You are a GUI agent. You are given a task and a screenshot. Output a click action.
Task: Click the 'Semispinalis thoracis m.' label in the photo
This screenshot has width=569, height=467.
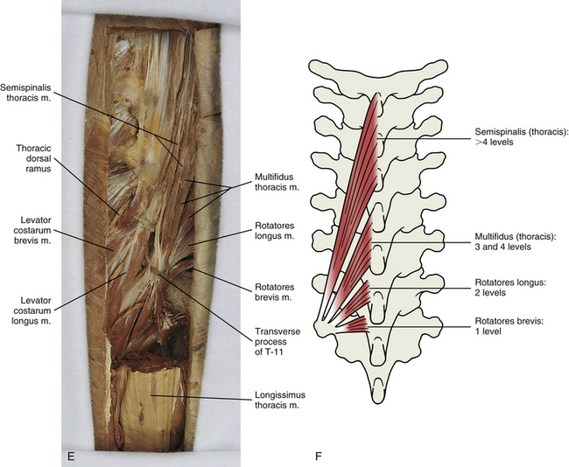pos(25,93)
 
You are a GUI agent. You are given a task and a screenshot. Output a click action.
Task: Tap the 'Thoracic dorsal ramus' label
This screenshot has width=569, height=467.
pos(34,158)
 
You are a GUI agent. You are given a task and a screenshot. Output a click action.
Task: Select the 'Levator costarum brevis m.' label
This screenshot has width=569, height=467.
pos(31,230)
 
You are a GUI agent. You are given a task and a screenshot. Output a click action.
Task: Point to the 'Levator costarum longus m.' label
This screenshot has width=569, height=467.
pos(31,310)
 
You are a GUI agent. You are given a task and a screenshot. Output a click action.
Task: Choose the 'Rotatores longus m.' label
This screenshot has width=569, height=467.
pos(274,231)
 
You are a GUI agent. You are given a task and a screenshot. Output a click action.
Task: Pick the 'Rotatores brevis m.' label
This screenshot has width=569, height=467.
pos(274,292)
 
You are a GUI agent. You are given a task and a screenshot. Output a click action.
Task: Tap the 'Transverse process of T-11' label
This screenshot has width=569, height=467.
pos(277,341)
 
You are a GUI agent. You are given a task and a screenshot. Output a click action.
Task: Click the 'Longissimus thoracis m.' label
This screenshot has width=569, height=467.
pos(280,400)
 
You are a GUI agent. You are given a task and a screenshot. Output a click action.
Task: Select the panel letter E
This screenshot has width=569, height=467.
pos(71,456)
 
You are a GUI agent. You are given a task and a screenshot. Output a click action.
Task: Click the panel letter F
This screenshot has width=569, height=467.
pos(319,456)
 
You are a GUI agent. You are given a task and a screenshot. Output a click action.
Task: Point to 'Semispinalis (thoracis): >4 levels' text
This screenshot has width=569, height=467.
pos(521,136)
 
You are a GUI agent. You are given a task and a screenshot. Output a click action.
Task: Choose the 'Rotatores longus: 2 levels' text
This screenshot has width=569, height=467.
pos(510,287)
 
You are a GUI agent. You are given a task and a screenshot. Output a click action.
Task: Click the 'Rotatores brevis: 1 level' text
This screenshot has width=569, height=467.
pos(509,326)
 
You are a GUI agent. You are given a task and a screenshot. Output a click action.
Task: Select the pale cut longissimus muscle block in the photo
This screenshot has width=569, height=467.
pos(150,408)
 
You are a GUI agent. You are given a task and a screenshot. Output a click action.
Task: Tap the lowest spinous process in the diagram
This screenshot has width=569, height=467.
pos(378,390)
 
